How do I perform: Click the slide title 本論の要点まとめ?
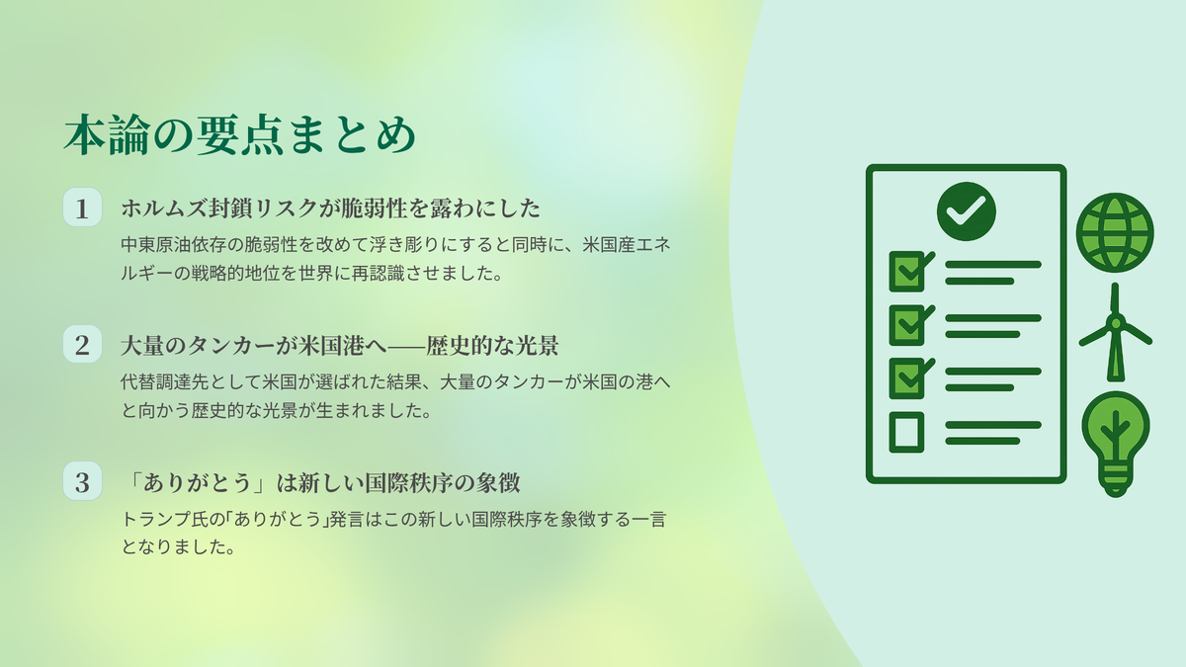240,134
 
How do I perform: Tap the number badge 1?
82,208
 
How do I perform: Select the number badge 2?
82,345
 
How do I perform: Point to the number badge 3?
82,481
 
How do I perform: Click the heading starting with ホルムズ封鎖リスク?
330,208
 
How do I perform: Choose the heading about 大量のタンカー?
339,346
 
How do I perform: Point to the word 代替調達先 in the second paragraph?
165,381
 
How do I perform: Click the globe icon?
1115,233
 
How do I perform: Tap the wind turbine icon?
1116,332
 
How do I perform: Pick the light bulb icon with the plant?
1115,445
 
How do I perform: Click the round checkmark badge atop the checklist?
967,211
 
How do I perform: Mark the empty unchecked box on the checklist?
906,432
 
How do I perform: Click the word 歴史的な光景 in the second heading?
492,346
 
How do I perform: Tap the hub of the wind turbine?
1116,323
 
